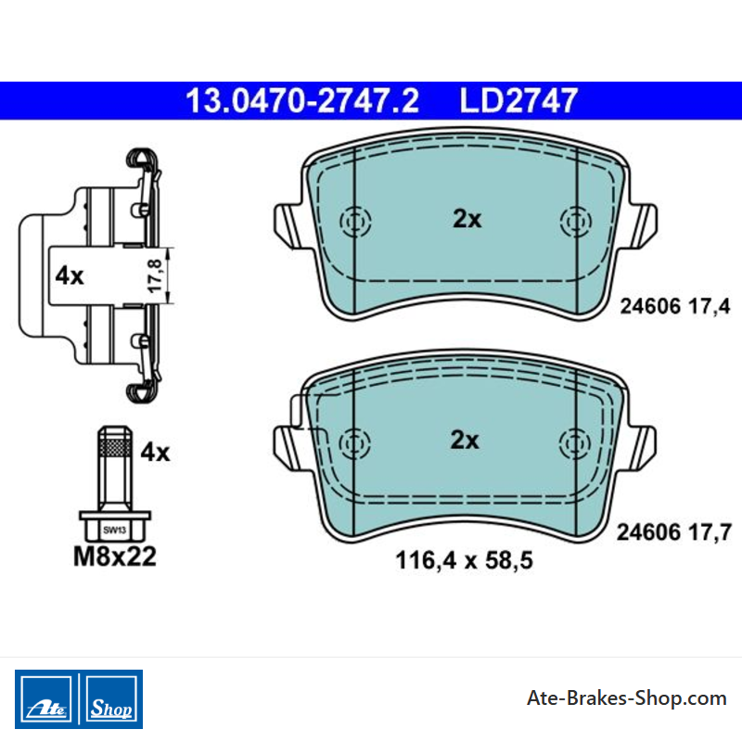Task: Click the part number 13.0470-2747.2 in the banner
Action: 302,100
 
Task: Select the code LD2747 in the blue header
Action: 518,100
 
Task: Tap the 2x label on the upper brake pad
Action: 467,219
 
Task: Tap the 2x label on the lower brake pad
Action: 465,440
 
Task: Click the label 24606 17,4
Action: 675,306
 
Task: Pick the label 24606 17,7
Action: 674,532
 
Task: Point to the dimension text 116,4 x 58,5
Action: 465,560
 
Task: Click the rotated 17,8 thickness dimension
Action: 155,275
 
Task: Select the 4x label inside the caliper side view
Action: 70,275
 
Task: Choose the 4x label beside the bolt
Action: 155,453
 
